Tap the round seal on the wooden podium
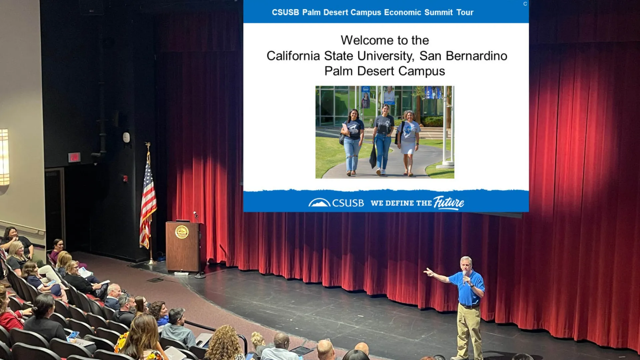click(x=182, y=232)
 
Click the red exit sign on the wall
click(x=74, y=157)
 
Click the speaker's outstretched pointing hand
click(x=428, y=272)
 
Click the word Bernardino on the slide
click(x=476, y=56)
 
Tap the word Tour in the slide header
click(x=465, y=12)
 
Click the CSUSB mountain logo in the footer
click(x=319, y=202)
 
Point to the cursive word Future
click(x=449, y=202)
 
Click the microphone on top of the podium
click(x=196, y=214)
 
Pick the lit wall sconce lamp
click(x=4, y=157)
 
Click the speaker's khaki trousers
click(x=468, y=330)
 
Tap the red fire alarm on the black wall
click(x=125, y=179)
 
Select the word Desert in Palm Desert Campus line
click(x=376, y=71)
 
